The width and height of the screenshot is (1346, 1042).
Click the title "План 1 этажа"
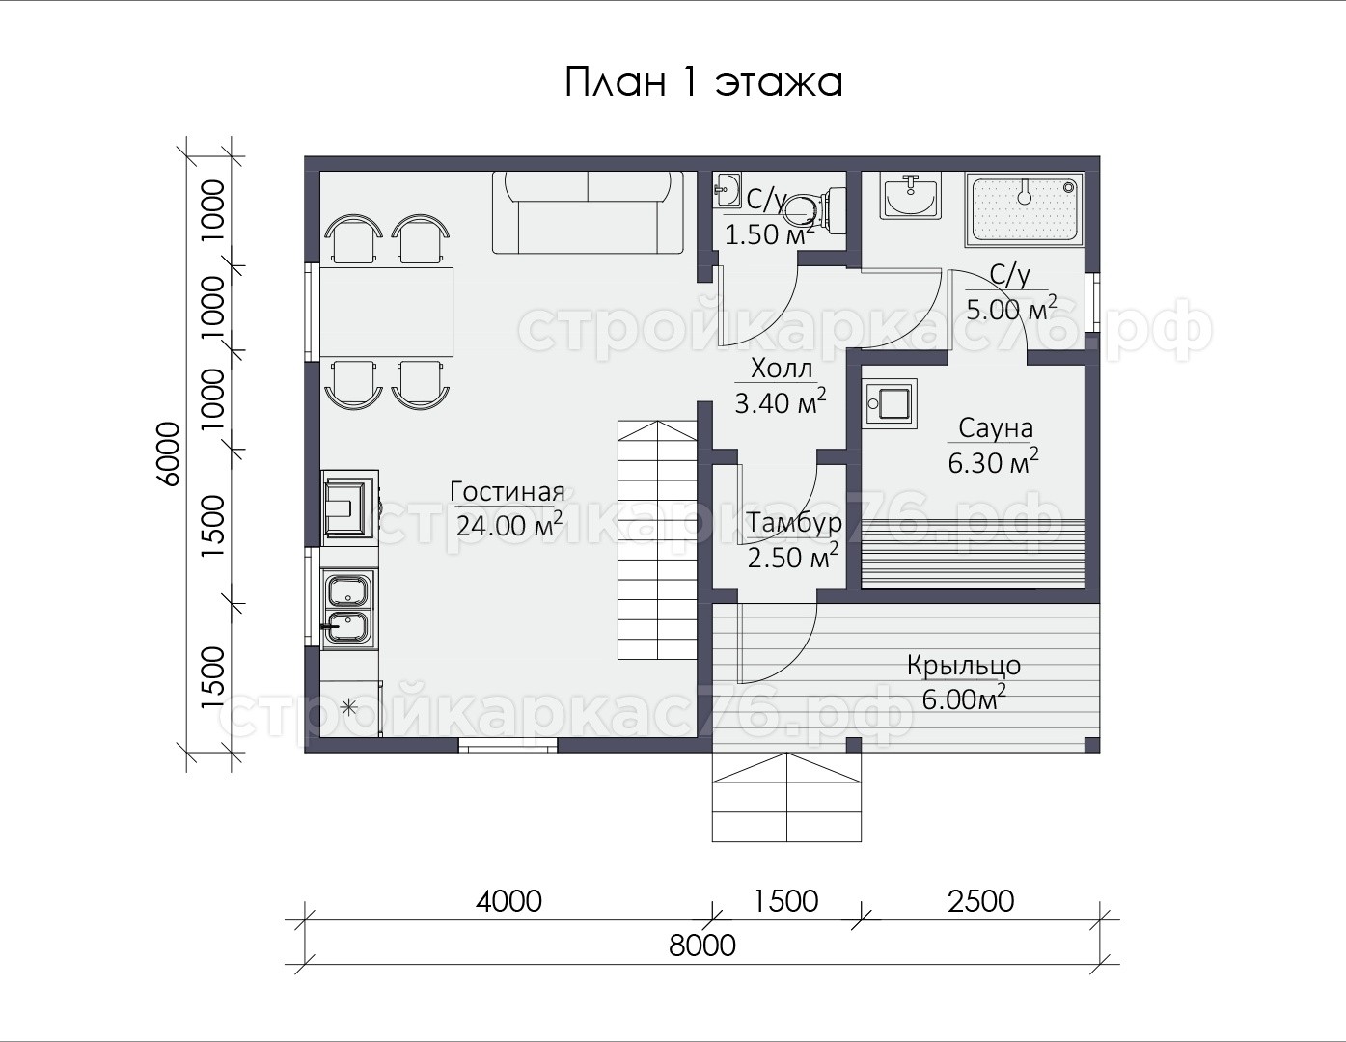click(x=703, y=82)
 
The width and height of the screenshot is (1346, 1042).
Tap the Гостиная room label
click(x=508, y=492)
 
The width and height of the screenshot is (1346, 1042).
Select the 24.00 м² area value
click(x=509, y=525)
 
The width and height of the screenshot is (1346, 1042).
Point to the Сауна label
click(x=996, y=427)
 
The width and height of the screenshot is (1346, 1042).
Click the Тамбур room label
click(x=793, y=524)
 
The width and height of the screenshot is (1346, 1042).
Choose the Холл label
click(x=782, y=370)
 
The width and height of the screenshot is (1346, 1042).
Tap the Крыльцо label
click(x=964, y=666)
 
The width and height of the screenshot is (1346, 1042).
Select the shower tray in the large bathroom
click(x=1024, y=210)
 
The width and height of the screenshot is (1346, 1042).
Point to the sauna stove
click(x=890, y=403)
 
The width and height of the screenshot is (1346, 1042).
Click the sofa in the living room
click(x=588, y=212)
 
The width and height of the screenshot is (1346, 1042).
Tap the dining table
click(x=387, y=313)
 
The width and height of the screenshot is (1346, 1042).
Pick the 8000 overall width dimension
click(x=702, y=946)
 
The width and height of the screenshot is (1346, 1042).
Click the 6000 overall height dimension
click(x=168, y=453)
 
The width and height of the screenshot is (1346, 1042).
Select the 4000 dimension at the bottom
click(x=508, y=901)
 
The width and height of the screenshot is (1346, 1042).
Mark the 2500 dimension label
click(x=980, y=901)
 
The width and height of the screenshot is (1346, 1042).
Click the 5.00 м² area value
click(x=1011, y=309)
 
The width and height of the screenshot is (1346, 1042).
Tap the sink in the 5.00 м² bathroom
click(x=911, y=196)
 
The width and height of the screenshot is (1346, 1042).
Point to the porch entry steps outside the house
click(x=786, y=798)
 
